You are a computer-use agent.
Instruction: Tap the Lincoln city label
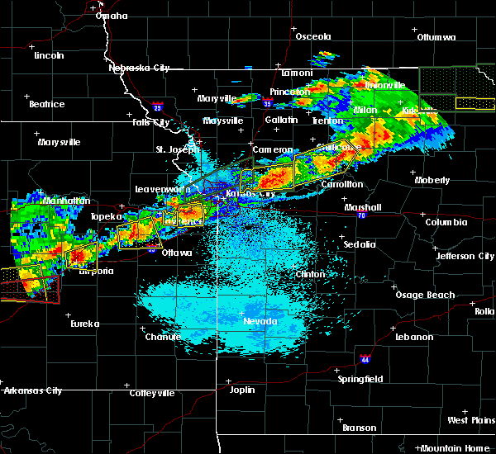click(x=50, y=55)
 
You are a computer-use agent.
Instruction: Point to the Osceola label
click(x=313, y=37)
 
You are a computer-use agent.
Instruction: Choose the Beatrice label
click(x=46, y=104)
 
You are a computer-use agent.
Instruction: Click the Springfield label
click(x=361, y=379)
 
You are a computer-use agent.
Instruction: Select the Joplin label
click(x=242, y=389)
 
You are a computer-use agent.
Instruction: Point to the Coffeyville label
click(x=153, y=393)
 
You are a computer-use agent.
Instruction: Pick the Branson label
click(x=359, y=428)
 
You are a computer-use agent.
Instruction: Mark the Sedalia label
click(x=359, y=244)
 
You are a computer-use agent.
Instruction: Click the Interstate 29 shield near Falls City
click(x=157, y=106)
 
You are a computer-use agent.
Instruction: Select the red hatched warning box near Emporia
click(x=30, y=289)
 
